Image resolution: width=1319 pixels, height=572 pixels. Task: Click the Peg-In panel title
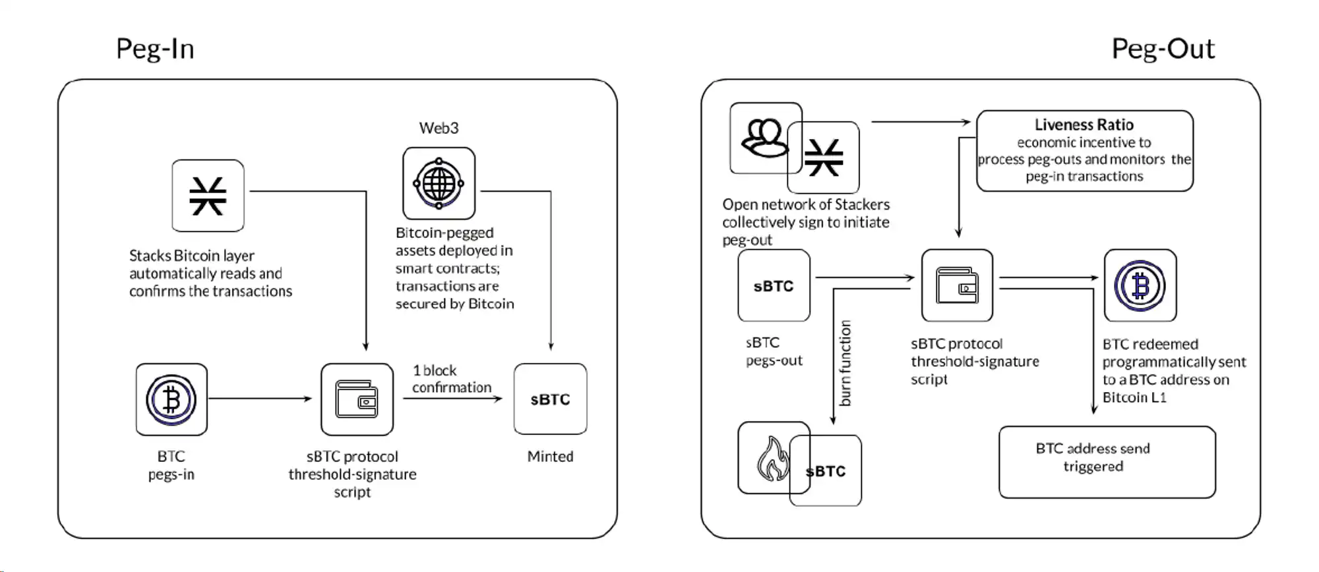click(x=155, y=49)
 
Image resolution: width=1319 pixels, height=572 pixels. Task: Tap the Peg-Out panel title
click(x=1163, y=49)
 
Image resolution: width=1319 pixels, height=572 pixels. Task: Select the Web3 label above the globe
click(x=439, y=128)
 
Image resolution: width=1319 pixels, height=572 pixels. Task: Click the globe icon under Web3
click(x=439, y=183)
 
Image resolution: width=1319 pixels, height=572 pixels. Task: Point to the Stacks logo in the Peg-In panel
click(x=208, y=196)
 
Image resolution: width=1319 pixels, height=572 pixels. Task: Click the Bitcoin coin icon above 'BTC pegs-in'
click(x=171, y=399)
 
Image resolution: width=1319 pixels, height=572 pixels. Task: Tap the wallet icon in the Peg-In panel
click(x=357, y=399)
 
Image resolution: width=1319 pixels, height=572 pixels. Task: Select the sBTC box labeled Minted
click(x=550, y=399)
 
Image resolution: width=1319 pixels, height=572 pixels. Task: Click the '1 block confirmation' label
click(x=451, y=379)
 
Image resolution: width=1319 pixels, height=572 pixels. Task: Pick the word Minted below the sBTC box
click(x=550, y=456)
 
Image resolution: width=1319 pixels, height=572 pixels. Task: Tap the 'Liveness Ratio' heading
click(x=1084, y=125)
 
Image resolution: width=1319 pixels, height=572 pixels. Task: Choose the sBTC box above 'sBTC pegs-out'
click(x=774, y=286)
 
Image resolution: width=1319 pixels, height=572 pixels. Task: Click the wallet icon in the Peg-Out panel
click(x=957, y=286)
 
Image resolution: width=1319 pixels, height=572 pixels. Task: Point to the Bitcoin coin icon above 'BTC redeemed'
click(x=1140, y=286)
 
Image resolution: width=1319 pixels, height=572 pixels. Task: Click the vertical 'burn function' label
click(x=845, y=362)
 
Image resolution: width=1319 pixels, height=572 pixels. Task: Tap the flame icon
click(x=772, y=459)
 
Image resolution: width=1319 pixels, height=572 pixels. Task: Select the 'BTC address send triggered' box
click(x=1107, y=461)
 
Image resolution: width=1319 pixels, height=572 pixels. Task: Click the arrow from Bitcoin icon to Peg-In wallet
click(x=261, y=399)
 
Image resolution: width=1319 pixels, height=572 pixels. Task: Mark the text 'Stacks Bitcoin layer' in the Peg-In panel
click(x=191, y=256)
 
